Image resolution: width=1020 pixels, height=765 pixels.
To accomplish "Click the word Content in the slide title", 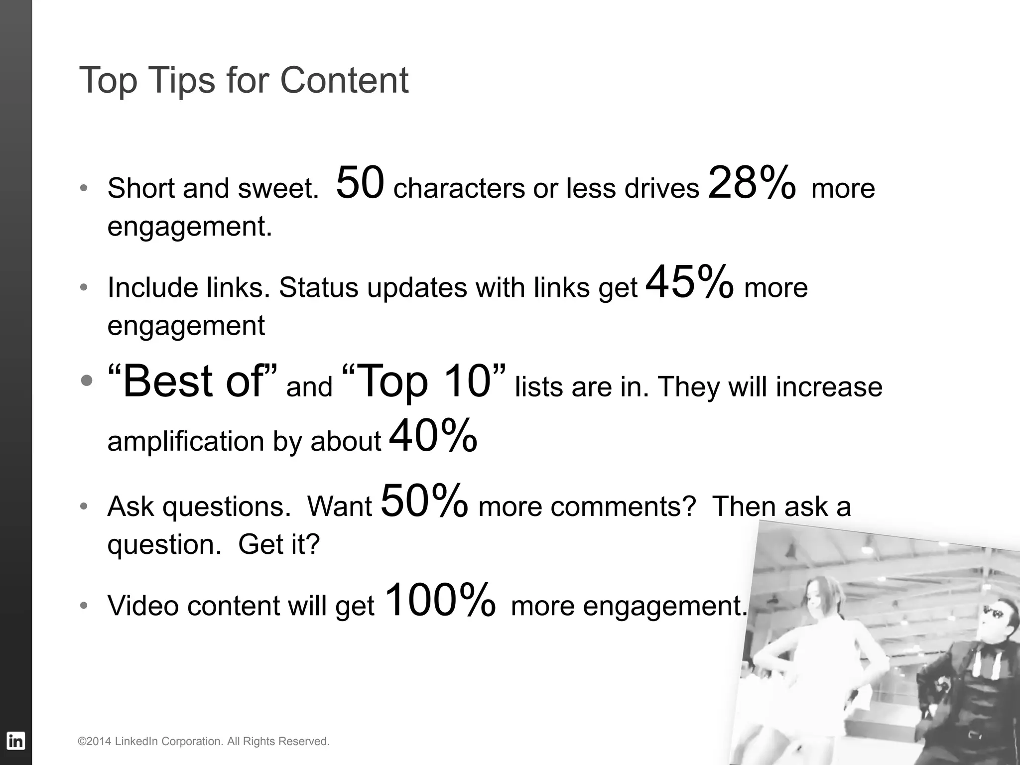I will [344, 80].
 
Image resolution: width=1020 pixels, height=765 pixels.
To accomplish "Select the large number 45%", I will [689, 282].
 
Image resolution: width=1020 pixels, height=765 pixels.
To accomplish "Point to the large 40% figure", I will [433, 436].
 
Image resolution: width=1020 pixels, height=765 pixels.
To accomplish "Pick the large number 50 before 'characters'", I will [360, 183].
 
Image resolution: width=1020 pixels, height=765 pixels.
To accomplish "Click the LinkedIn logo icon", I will [15, 741].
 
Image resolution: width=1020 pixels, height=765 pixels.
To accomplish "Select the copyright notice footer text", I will [204, 742].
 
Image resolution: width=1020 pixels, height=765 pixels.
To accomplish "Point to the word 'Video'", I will [143, 606].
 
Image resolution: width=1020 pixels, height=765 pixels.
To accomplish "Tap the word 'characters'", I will [459, 189].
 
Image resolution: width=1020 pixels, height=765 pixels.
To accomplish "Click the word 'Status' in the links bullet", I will [318, 288].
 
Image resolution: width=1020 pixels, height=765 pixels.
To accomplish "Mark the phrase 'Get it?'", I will [279, 544].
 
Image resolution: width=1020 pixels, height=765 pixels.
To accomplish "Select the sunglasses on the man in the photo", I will [992, 613].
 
